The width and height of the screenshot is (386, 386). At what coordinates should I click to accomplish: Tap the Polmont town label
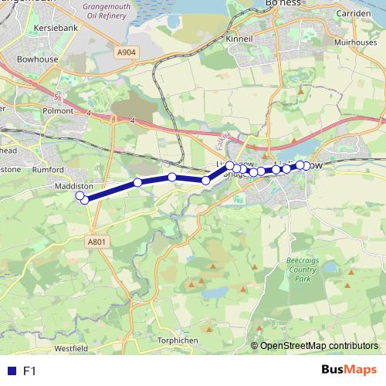click(60, 111)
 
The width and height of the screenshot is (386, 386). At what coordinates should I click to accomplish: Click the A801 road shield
click(96, 242)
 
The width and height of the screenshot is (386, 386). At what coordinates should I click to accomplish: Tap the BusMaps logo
click(348, 371)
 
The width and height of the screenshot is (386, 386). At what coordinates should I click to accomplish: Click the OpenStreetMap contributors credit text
click(319, 346)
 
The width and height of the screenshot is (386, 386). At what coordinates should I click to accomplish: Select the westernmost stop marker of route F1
click(80, 196)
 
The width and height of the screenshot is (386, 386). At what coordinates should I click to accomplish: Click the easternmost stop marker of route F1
click(306, 166)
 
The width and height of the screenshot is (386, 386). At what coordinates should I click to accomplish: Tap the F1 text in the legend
click(30, 371)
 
